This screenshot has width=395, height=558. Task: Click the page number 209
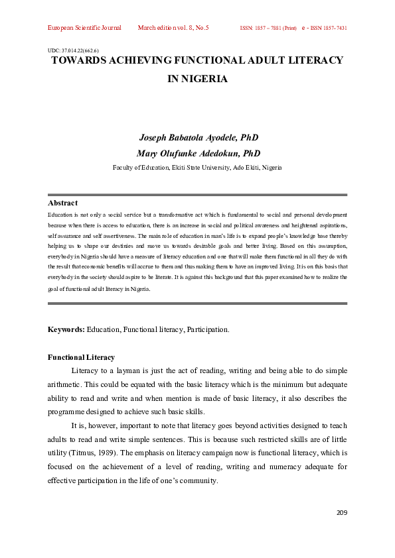click(341, 512)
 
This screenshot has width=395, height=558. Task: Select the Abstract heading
click(62, 203)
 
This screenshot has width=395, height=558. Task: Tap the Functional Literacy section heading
click(81, 357)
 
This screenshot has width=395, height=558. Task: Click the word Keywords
click(66, 329)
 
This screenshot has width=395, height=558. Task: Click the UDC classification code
click(74, 50)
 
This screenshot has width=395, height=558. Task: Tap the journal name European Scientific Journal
click(84, 28)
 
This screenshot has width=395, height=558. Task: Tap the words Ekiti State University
click(197, 168)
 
